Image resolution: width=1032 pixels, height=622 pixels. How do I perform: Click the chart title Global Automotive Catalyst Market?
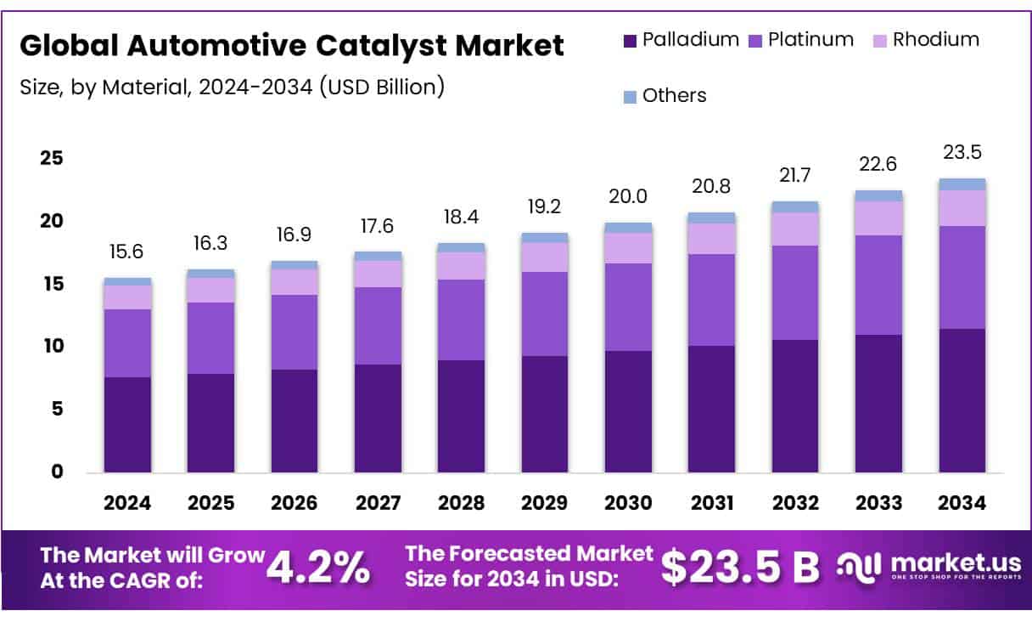coord(292,46)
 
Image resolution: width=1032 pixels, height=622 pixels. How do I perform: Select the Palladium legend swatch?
coord(630,40)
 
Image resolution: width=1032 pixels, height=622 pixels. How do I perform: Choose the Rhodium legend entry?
coord(925,40)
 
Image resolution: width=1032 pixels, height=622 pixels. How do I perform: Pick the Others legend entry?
coord(665,96)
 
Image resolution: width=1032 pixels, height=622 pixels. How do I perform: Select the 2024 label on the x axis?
coord(127,503)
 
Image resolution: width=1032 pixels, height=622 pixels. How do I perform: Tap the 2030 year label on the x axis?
coord(628,503)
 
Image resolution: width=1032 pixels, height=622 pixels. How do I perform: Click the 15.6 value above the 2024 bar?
coord(127,252)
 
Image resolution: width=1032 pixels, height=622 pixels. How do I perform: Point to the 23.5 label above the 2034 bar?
coord(962,153)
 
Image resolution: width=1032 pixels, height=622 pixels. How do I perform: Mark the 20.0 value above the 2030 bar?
coord(628,196)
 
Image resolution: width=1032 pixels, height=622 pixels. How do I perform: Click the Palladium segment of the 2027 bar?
coord(378,418)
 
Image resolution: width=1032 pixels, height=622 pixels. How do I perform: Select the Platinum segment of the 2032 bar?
coord(795,292)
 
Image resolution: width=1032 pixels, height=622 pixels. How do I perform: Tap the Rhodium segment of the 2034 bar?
coord(962,208)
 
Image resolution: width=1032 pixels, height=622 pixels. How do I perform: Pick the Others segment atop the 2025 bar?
coord(210,274)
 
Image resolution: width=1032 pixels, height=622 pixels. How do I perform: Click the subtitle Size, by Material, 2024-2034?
coord(232,87)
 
